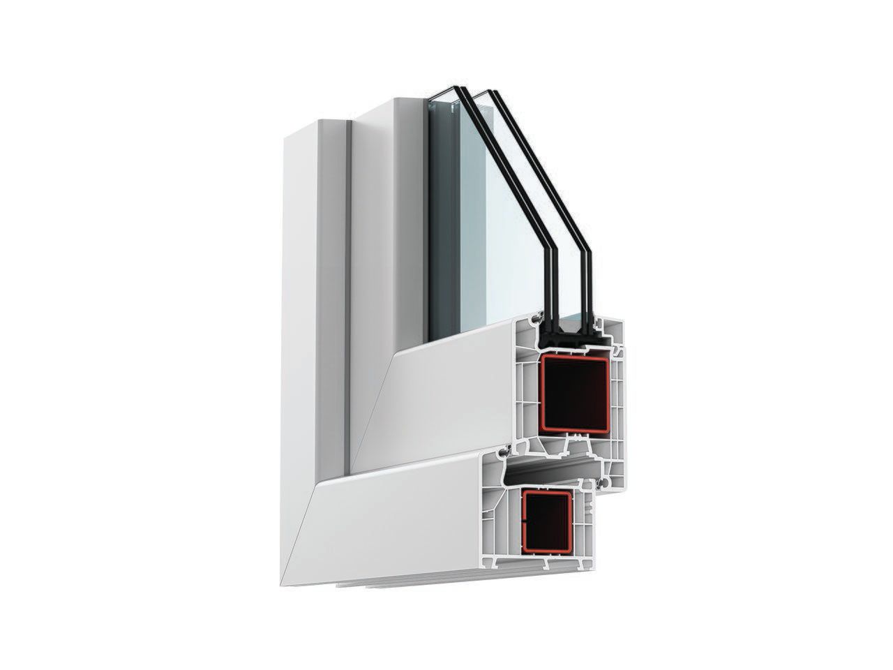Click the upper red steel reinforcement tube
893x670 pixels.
point(541,392)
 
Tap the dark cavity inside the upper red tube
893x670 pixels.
point(575,392)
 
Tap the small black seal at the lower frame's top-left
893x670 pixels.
point(501,453)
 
